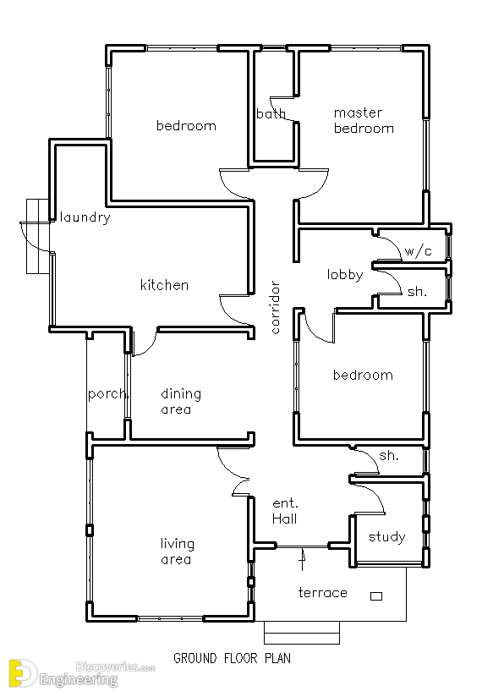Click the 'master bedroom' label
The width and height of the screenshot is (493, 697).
coord(364,120)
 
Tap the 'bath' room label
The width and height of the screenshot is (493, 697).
coord(271,114)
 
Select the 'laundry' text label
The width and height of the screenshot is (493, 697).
coord(85,217)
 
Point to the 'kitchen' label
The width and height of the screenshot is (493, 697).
coord(165,284)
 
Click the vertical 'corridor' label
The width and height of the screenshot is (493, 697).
coord(275,307)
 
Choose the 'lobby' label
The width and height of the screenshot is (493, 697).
coord(345,275)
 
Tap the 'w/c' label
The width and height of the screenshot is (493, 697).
coord(418,251)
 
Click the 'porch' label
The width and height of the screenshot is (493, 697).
coord(108,394)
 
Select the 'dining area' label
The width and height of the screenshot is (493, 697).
coord(181,401)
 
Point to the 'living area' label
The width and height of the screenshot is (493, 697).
coord(178,552)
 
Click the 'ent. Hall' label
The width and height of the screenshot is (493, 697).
coord(285,511)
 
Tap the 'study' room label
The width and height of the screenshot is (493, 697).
coord(386,536)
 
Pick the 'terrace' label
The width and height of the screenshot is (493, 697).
coord(323,593)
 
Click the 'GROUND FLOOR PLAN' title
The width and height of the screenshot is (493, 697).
coord(232,658)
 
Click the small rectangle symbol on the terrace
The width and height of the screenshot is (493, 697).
coord(376,596)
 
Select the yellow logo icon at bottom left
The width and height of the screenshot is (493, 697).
coord(23,673)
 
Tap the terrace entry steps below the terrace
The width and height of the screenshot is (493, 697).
coord(302,633)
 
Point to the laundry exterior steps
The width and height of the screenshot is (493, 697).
coord(37,237)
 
